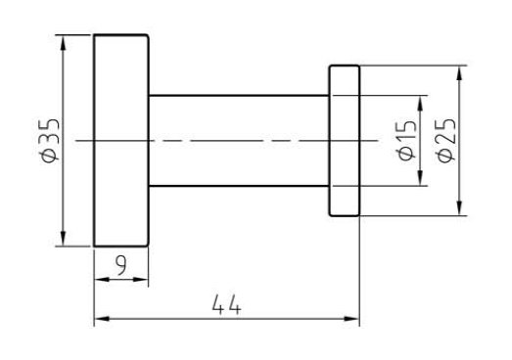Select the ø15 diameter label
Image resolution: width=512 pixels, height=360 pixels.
point(407,141)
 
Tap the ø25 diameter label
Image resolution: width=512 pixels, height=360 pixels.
point(446,140)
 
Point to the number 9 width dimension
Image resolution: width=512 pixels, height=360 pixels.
point(121,265)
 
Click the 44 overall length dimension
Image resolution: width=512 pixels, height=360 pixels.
point(227,305)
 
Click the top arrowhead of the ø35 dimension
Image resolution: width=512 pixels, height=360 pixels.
point(63,42)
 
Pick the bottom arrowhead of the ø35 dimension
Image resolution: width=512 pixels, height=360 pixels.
point(63,239)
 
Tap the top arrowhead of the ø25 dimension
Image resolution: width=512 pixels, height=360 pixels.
point(459,73)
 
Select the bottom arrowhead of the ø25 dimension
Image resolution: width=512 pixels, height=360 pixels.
point(459,208)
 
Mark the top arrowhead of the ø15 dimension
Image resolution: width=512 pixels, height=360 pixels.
point(420,104)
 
